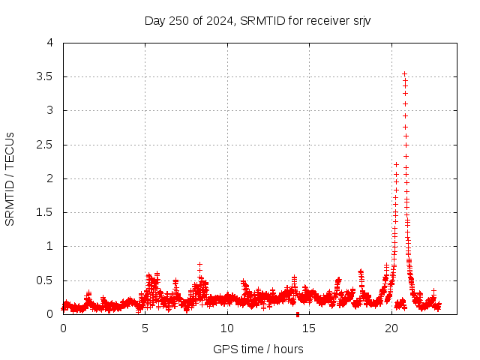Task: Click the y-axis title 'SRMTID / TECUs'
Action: [10, 178]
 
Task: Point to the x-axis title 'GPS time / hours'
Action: [258, 349]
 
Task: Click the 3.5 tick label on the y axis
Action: [46, 76]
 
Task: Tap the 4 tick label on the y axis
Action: [50, 43]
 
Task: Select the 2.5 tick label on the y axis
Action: [46, 145]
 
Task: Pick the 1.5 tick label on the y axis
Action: [46, 212]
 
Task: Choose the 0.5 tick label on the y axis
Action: [46, 280]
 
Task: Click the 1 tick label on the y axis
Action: [50, 246]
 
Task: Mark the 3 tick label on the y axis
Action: [50, 110]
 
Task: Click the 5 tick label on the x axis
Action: [145, 328]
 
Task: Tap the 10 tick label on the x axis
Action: [227, 328]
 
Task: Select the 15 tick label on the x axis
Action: [309, 328]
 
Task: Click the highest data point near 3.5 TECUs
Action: [405, 74]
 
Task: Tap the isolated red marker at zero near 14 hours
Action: [298, 314]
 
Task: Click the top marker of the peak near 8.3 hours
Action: [199, 265]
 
